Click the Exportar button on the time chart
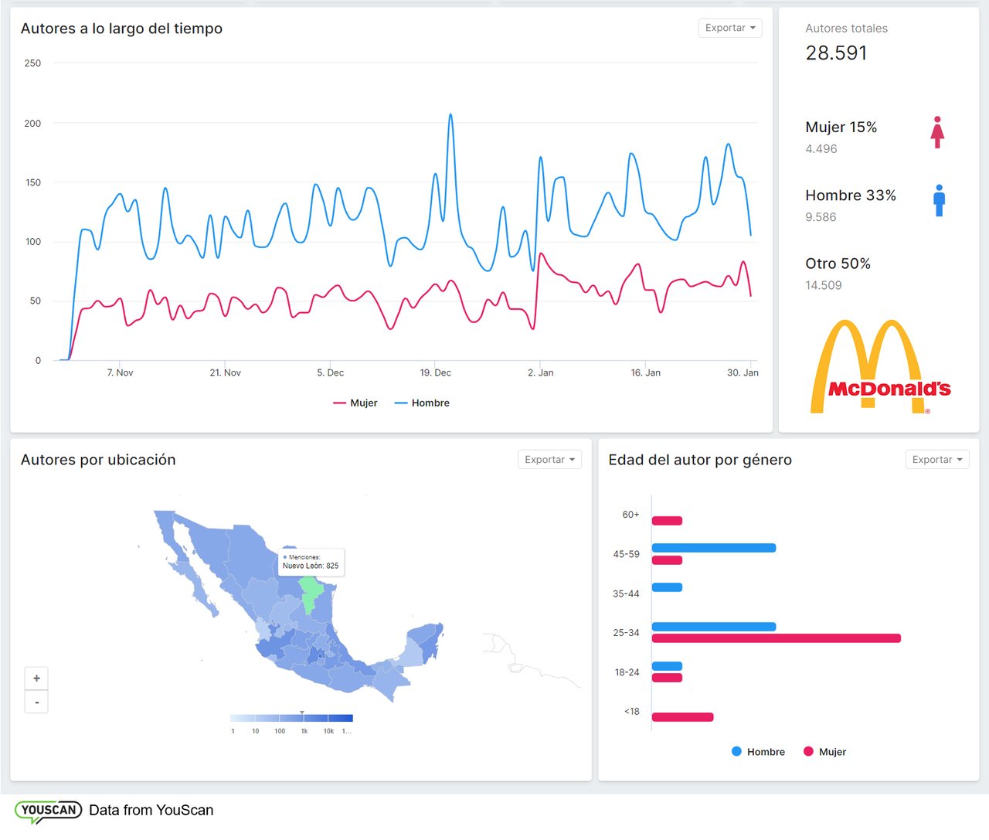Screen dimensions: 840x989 [x=729, y=28]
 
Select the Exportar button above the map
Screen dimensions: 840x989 [x=549, y=460]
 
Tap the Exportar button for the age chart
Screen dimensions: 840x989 [x=936, y=460]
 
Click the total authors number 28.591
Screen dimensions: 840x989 [x=836, y=53]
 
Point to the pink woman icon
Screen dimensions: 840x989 [x=937, y=133]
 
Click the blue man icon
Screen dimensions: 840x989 [x=939, y=201]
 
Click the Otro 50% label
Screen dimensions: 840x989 [x=838, y=264]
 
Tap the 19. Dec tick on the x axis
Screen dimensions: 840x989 [x=435, y=372]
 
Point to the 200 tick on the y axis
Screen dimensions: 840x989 [x=32, y=124]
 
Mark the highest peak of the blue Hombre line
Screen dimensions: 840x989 [x=450, y=115]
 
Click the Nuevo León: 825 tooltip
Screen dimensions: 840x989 [x=311, y=562]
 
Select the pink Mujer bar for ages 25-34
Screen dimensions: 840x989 [x=776, y=638]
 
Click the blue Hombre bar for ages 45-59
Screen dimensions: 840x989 [x=713, y=548]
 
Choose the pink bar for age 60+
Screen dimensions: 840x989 [x=667, y=521]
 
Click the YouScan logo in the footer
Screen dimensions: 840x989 [x=48, y=811]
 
